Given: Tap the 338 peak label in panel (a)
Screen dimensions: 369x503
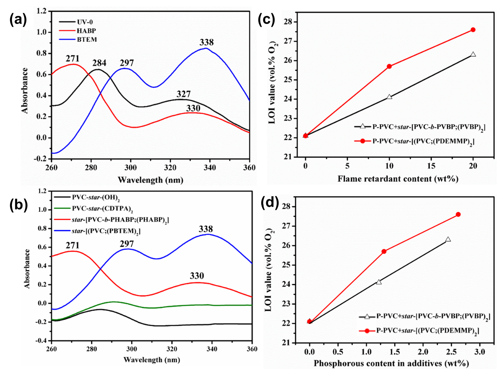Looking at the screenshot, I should [x=206, y=42].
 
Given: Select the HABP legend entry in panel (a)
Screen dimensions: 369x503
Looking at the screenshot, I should [x=86, y=31].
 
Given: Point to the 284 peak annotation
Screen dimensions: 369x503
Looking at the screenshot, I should [x=100, y=63].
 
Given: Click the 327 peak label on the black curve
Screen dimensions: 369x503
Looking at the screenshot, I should [x=184, y=94].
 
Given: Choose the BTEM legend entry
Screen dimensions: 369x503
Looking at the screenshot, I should [x=87, y=39].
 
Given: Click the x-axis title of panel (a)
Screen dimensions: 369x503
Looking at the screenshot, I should [x=150, y=180].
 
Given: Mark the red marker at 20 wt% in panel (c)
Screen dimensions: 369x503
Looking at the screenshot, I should [x=473, y=30].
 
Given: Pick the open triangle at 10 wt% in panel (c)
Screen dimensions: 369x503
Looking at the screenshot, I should [x=389, y=96].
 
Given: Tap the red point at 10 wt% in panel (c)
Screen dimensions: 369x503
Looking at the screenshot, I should [x=389, y=66].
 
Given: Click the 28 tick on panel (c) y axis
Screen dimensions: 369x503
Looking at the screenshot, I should [x=288, y=22].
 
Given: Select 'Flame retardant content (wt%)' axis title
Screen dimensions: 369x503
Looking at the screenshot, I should [x=398, y=179].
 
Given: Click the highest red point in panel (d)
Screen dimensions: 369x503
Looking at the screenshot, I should [x=458, y=214].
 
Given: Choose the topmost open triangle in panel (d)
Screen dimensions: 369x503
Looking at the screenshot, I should [x=448, y=239].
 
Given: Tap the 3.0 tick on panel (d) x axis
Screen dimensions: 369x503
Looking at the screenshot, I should [x=479, y=352].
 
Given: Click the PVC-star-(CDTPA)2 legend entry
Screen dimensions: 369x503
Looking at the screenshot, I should [x=102, y=209].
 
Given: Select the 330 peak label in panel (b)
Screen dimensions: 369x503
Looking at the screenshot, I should [x=197, y=276].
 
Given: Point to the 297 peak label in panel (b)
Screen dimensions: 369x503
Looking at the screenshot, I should [x=127, y=244].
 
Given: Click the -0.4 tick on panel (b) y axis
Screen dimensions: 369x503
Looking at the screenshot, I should [x=42, y=341].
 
